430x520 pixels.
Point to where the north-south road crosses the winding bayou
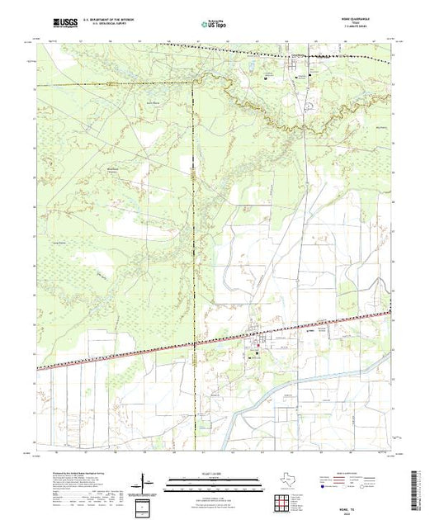[x=306, y=128]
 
